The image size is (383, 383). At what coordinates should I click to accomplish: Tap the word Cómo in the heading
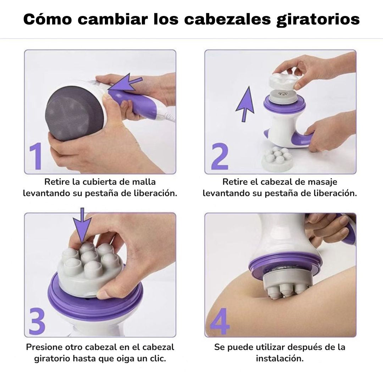pyautogui.click(x=48, y=19)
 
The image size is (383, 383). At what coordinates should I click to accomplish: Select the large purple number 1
pyautogui.click(x=36, y=156)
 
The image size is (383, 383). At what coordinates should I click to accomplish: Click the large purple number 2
pyautogui.click(x=220, y=156)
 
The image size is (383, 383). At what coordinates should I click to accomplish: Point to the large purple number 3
pyautogui.click(x=37, y=321)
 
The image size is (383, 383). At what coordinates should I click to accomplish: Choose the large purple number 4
pyautogui.click(x=220, y=321)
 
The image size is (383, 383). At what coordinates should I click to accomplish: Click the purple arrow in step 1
pyautogui.click(x=125, y=82)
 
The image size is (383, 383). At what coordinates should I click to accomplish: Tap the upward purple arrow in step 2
pyautogui.click(x=245, y=104)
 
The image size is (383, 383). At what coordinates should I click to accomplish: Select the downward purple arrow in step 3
pyautogui.click(x=82, y=225)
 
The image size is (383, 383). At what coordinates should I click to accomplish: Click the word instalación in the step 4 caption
pyautogui.click(x=280, y=358)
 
